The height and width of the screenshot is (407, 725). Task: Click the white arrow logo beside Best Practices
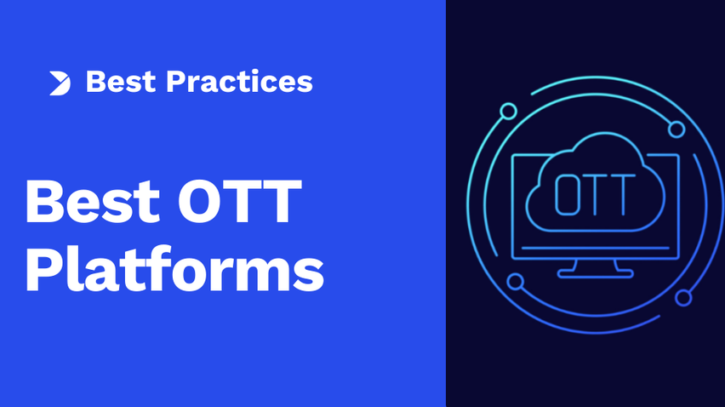(x=60, y=83)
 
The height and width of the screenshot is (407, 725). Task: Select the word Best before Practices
(x=121, y=82)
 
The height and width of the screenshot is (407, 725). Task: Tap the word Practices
(x=239, y=82)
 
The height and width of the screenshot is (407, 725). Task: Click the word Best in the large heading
(x=93, y=201)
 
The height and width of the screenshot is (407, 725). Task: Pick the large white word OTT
(x=240, y=201)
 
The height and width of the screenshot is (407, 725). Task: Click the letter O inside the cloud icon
(x=568, y=195)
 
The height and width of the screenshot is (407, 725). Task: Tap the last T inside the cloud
(x=623, y=195)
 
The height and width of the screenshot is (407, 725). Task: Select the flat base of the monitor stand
(x=595, y=274)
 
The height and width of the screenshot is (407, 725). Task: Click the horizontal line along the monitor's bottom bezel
(x=595, y=249)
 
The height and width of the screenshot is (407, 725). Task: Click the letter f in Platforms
(x=157, y=268)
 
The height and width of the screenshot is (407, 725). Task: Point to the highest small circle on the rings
(x=508, y=112)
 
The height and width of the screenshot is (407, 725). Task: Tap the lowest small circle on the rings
(x=683, y=297)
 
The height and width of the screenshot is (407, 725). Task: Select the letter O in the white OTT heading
(x=200, y=201)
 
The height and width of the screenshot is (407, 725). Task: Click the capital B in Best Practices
(x=95, y=82)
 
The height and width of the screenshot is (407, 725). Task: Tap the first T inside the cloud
(x=595, y=195)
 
